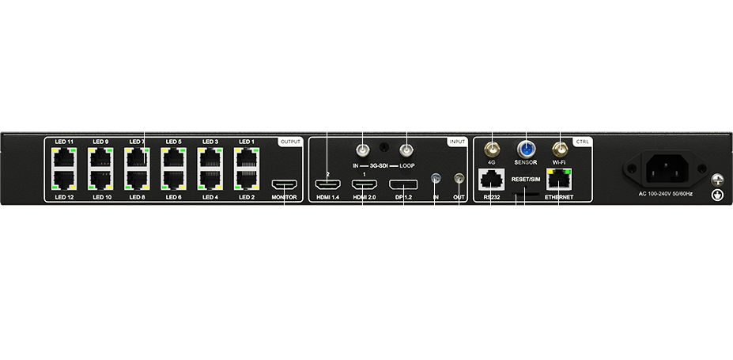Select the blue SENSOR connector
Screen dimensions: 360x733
(525, 148)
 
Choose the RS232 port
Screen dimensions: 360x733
(491, 178)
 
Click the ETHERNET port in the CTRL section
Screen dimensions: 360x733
(559, 178)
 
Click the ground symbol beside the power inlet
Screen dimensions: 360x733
(718, 194)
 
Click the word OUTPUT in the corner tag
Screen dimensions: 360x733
(290, 142)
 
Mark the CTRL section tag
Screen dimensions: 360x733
(582, 142)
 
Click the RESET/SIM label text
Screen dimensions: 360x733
(525, 180)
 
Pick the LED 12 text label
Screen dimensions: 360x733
(64, 196)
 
